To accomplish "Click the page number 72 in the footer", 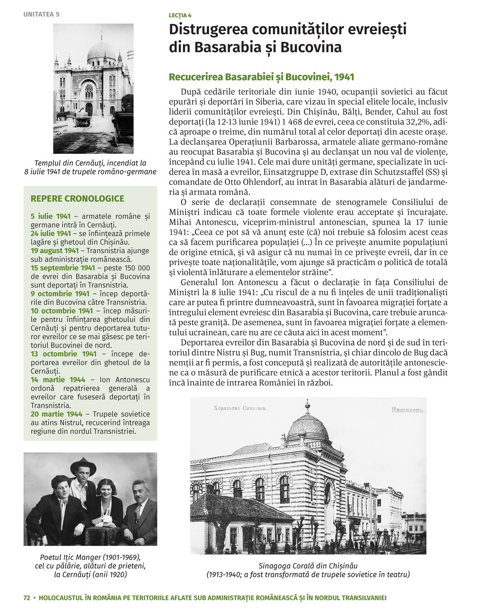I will click(27, 598).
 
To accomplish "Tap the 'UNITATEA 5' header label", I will click(42, 14).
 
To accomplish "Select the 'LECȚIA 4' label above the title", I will click(180, 16).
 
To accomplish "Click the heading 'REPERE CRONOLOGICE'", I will click(77, 198).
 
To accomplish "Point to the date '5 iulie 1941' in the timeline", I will click(51, 216).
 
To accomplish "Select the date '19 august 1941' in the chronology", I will click(55, 250).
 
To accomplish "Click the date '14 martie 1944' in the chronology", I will click(58, 380).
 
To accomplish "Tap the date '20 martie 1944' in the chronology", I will click(57, 414).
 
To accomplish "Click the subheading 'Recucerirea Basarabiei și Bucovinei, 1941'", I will click(261, 77).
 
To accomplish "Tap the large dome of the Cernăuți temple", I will click(101, 52).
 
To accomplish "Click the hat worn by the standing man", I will click(83, 465).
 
